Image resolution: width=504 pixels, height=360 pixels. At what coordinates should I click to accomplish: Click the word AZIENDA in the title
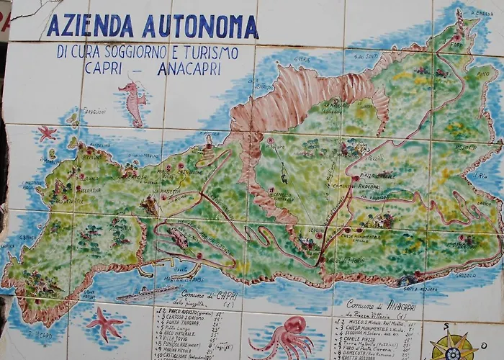(x=90, y=26)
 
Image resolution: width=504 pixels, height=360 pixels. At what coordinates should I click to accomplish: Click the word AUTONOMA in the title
(x=199, y=27)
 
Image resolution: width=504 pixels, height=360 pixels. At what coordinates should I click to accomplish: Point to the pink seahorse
(x=133, y=101)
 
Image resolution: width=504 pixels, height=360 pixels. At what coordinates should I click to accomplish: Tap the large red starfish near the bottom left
(x=104, y=323)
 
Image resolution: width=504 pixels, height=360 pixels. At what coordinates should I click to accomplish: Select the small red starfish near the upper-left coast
(x=47, y=132)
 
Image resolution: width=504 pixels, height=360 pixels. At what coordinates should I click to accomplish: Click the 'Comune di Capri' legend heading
(x=198, y=295)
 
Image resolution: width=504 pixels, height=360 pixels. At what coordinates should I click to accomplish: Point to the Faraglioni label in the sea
(x=93, y=112)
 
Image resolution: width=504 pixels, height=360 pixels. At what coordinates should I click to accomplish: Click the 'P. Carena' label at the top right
(x=482, y=14)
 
